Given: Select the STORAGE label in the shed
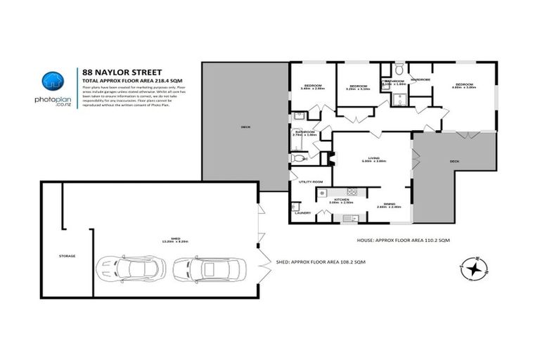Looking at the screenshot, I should point(67,256).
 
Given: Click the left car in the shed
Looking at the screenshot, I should point(131,268).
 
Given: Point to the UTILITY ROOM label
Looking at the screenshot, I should point(309,182).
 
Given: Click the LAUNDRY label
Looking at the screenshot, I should point(303,212).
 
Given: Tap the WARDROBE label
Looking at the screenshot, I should point(420,79).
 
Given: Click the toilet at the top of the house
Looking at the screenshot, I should point(399,71).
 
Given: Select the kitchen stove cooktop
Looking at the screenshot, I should point(352,193).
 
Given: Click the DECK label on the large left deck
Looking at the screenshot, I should point(245,127).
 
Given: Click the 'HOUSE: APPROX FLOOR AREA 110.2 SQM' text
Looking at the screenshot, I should point(402,240).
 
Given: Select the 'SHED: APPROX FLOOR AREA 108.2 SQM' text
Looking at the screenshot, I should point(321,262).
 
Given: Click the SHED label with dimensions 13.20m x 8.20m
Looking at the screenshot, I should point(175,240).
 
